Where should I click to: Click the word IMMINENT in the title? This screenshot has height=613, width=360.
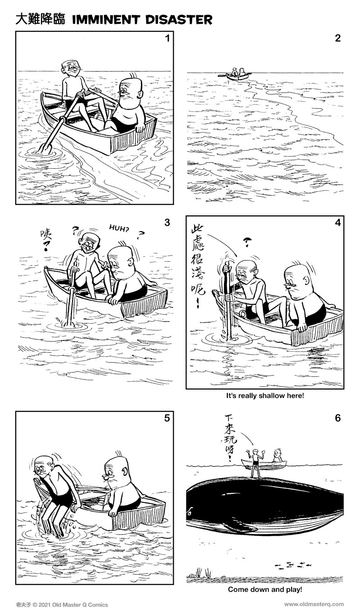pyautogui.click(x=106, y=20)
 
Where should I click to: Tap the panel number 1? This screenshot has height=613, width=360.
pyautogui.click(x=167, y=38)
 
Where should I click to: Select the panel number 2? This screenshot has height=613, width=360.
pyautogui.click(x=337, y=38)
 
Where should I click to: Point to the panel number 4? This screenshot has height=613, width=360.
pyautogui.click(x=338, y=223)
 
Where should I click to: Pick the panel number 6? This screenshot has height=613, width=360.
pyautogui.click(x=338, y=418)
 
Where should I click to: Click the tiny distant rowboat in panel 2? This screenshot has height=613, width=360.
pyautogui.click(x=235, y=75)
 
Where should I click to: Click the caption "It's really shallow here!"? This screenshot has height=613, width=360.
pyautogui.click(x=265, y=396)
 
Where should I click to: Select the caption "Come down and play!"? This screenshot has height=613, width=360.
pyautogui.click(x=265, y=590)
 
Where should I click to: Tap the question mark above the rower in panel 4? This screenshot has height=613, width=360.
pyautogui.click(x=247, y=242)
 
